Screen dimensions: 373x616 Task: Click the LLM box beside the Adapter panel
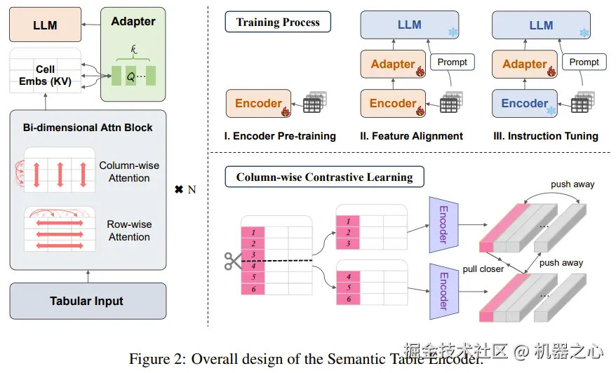(x=45, y=25)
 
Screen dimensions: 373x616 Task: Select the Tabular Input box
(x=87, y=301)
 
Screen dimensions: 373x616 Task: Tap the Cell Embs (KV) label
(x=46, y=76)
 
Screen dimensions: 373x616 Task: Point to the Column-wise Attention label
(x=129, y=172)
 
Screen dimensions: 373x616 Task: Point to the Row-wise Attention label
(x=129, y=231)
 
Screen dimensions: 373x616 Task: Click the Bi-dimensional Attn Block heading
(x=87, y=128)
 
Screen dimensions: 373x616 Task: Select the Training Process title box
(x=278, y=22)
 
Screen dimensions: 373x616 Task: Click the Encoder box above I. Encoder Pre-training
(x=259, y=104)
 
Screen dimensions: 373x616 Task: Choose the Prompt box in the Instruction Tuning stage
(x=584, y=62)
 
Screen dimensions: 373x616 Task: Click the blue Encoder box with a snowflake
(x=525, y=104)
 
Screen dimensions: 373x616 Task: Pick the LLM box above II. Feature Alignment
(x=410, y=25)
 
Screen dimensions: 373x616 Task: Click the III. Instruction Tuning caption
(x=545, y=136)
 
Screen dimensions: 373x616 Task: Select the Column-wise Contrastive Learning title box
(x=324, y=177)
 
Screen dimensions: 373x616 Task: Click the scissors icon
(x=232, y=261)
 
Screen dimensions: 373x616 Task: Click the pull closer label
(x=483, y=269)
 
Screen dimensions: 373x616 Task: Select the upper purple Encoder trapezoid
(x=443, y=224)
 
